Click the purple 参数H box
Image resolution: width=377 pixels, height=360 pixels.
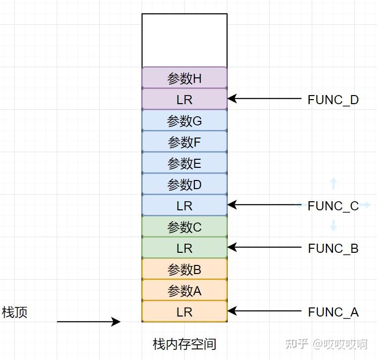[184, 78]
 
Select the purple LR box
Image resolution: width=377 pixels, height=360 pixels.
[184, 100]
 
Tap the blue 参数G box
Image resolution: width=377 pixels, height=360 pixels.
[184, 121]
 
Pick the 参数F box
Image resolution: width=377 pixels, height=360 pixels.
[184, 142]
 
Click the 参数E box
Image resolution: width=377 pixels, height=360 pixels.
[184, 163]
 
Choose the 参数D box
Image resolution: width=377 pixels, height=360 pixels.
[184, 185]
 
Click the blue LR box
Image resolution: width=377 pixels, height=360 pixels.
[184, 206]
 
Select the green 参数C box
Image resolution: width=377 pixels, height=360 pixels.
[184, 227]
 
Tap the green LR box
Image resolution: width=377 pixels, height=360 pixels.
[184, 248]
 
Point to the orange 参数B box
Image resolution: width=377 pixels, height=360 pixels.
[184, 269]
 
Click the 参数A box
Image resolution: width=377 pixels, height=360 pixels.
[184, 291]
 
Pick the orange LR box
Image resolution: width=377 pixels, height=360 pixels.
[184, 312]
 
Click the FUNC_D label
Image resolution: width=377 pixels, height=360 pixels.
[333, 100]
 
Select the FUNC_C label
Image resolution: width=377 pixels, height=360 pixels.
[333, 206]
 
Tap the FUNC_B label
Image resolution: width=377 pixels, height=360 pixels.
[333, 248]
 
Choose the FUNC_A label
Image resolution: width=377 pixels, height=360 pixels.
[333, 312]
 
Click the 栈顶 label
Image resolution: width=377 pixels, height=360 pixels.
[15, 312]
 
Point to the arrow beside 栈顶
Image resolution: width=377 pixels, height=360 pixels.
[89, 322]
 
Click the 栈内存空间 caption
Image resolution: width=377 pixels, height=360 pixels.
[184, 344]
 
